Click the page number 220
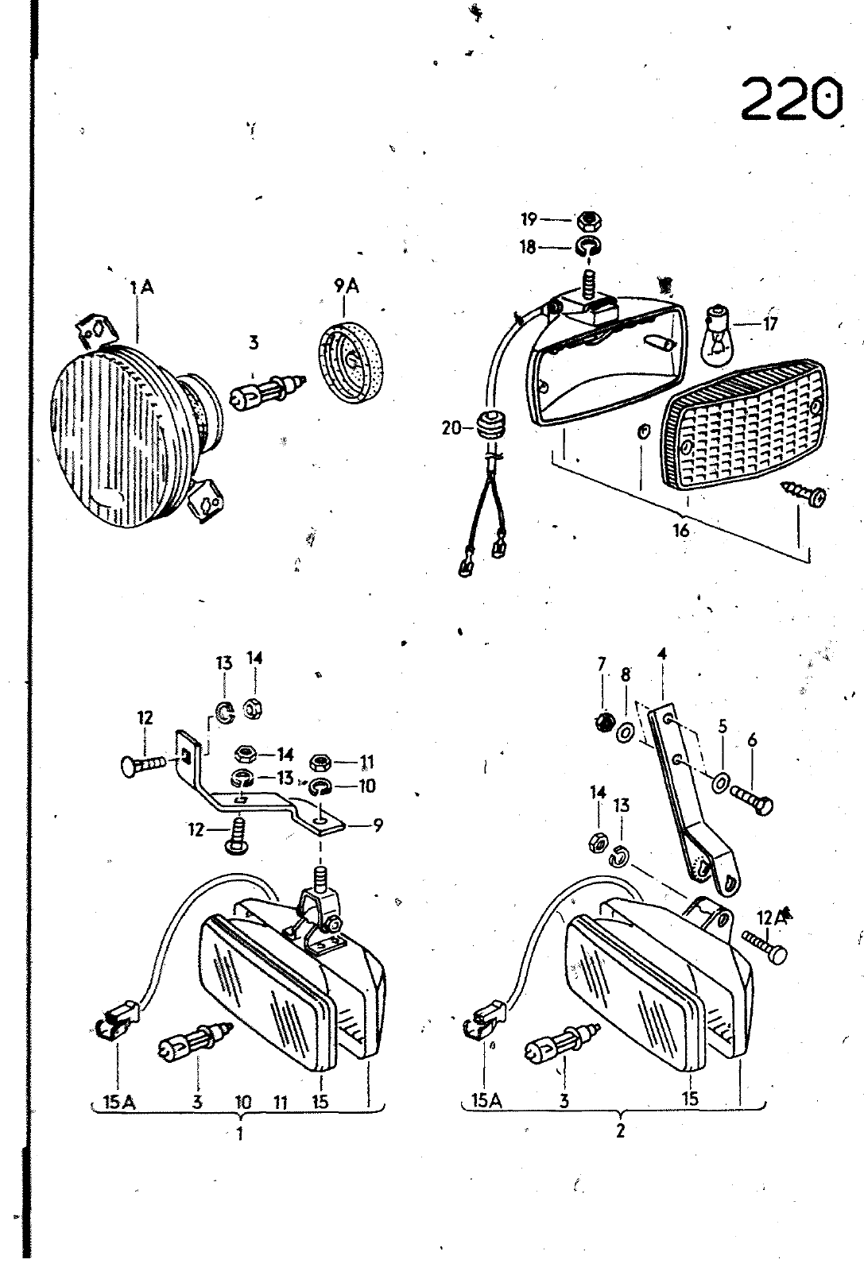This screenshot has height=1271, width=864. (x=792, y=99)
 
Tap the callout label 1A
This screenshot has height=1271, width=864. (x=141, y=288)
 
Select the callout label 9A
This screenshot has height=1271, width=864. (x=347, y=286)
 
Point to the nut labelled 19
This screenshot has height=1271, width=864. (x=589, y=220)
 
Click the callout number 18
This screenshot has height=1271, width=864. (x=528, y=247)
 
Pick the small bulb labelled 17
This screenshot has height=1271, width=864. (x=719, y=334)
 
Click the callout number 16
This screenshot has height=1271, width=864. (x=680, y=531)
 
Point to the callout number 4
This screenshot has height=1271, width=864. (x=661, y=655)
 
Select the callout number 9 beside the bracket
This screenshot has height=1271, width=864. (x=378, y=825)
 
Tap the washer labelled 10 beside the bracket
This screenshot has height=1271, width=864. (x=321, y=787)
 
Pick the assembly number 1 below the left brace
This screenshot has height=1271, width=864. (x=240, y=1133)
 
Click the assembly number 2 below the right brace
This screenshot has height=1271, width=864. (x=620, y=1130)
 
